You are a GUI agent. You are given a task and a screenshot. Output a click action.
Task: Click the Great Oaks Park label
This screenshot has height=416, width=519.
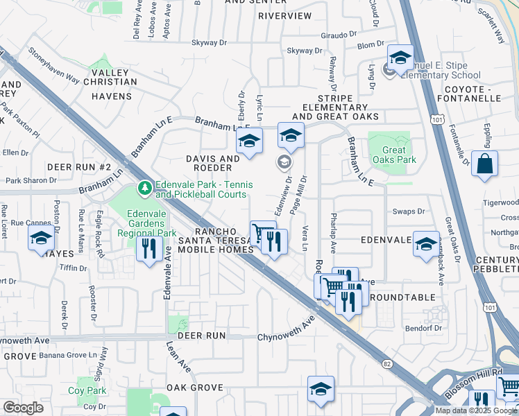394,155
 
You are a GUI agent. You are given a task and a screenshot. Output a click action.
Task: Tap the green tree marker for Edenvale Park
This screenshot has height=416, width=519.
144,187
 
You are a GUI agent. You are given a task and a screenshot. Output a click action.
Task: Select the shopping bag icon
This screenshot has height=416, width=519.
484,164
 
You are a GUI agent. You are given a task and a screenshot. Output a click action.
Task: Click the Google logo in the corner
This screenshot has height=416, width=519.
23,408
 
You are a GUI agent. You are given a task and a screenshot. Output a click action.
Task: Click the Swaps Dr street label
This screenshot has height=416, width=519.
409,211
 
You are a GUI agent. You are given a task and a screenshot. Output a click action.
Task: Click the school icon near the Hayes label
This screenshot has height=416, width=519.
42,239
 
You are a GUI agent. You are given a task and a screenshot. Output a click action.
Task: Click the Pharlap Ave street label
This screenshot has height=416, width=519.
333,232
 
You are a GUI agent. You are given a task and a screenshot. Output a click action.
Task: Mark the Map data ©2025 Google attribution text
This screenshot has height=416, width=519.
477,410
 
